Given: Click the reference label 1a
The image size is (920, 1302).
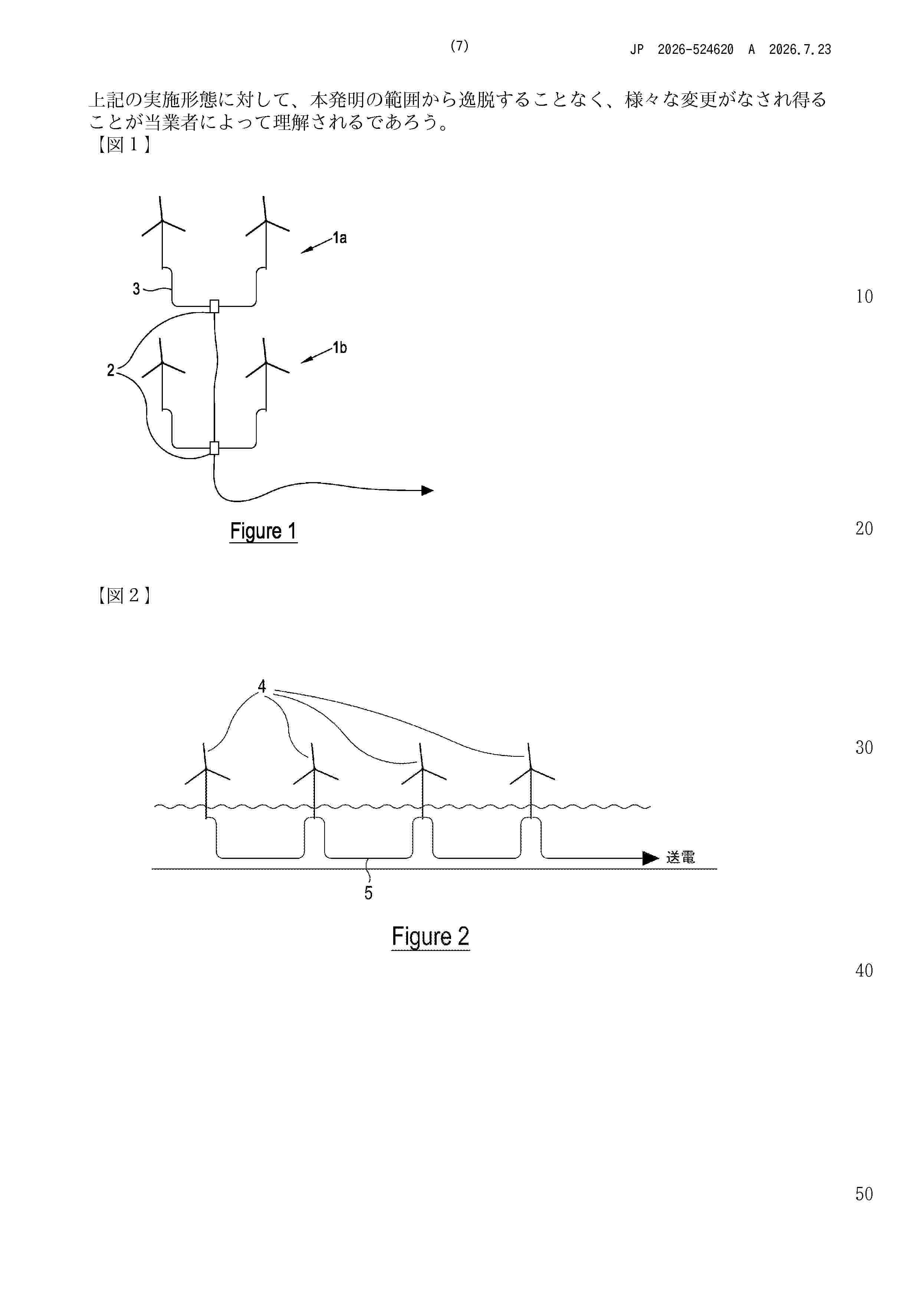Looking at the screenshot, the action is [x=339, y=238].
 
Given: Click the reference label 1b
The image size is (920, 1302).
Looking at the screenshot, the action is [x=339, y=348].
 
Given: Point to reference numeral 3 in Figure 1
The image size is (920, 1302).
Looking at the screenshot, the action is [x=136, y=289].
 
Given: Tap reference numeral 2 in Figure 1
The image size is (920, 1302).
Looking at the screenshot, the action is [x=111, y=370].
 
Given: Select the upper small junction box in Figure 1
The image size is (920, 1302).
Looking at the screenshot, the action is [x=214, y=306].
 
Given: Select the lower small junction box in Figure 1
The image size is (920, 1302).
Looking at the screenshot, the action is [x=214, y=448].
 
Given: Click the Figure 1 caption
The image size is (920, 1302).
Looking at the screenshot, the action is [x=263, y=531].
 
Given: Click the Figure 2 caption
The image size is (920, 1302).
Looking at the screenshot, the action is [x=430, y=937].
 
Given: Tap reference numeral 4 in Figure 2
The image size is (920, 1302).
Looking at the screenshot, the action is [x=262, y=687].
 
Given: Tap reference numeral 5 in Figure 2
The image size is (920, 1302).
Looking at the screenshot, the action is [x=368, y=893].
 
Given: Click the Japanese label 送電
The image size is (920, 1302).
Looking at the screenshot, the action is [x=680, y=857].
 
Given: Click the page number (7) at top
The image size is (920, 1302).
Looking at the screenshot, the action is [x=459, y=46].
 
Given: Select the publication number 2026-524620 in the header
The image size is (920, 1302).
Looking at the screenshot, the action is [x=696, y=49].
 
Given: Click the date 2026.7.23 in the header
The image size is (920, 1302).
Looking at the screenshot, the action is [x=800, y=49].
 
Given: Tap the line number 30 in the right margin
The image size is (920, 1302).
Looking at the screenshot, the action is [x=864, y=747].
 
